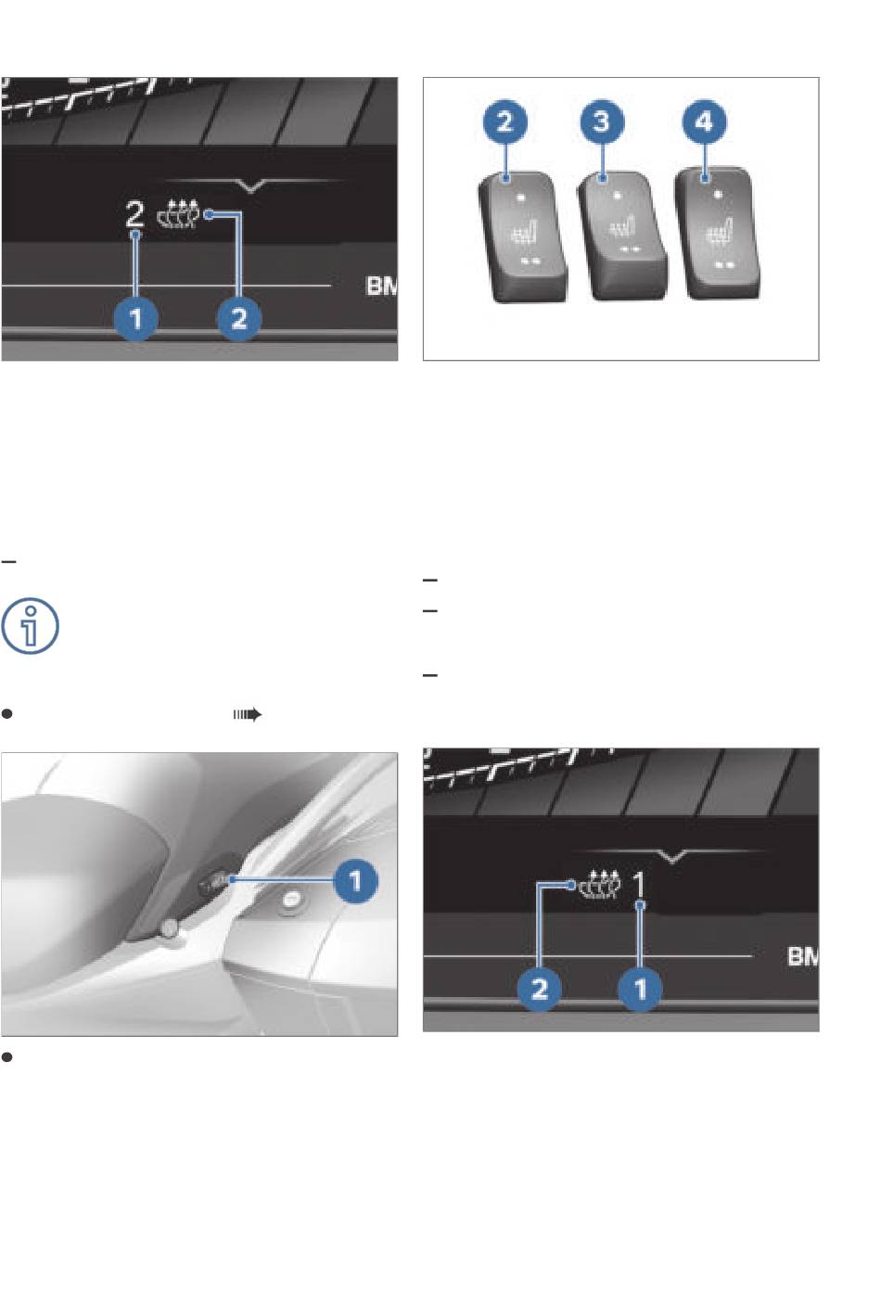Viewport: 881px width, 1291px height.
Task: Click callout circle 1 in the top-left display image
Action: pyautogui.click(x=136, y=319)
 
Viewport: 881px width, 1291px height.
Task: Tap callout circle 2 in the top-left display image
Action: pyautogui.click(x=239, y=319)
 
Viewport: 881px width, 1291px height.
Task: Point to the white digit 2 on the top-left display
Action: pyautogui.click(x=134, y=214)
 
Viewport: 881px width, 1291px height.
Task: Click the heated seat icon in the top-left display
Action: pyautogui.click(x=179, y=214)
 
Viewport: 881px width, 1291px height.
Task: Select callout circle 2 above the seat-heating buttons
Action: pyautogui.click(x=504, y=121)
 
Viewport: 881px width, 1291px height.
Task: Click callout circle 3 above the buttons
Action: pyautogui.click(x=602, y=121)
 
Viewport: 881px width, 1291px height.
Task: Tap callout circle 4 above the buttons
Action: pyautogui.click(x=704, y=121)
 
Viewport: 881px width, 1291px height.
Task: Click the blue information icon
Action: pyautogui.click(x=30, y=626)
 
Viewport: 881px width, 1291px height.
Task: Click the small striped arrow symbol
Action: pyautogui.click(x=248, y=715)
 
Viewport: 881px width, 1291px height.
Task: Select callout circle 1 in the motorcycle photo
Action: pyautogui.click(x=355, y=881)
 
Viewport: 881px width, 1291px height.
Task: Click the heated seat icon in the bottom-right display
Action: pyautogui.click(x=600, y=885)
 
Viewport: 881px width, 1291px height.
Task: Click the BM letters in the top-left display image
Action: pyautogui.click(x=381, y=286)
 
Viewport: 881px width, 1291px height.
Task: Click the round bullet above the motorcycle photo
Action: pyautogui.click(x=6, y=714)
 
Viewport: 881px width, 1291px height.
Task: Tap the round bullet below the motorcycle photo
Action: pyautogui.click(x=6, y=1057)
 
